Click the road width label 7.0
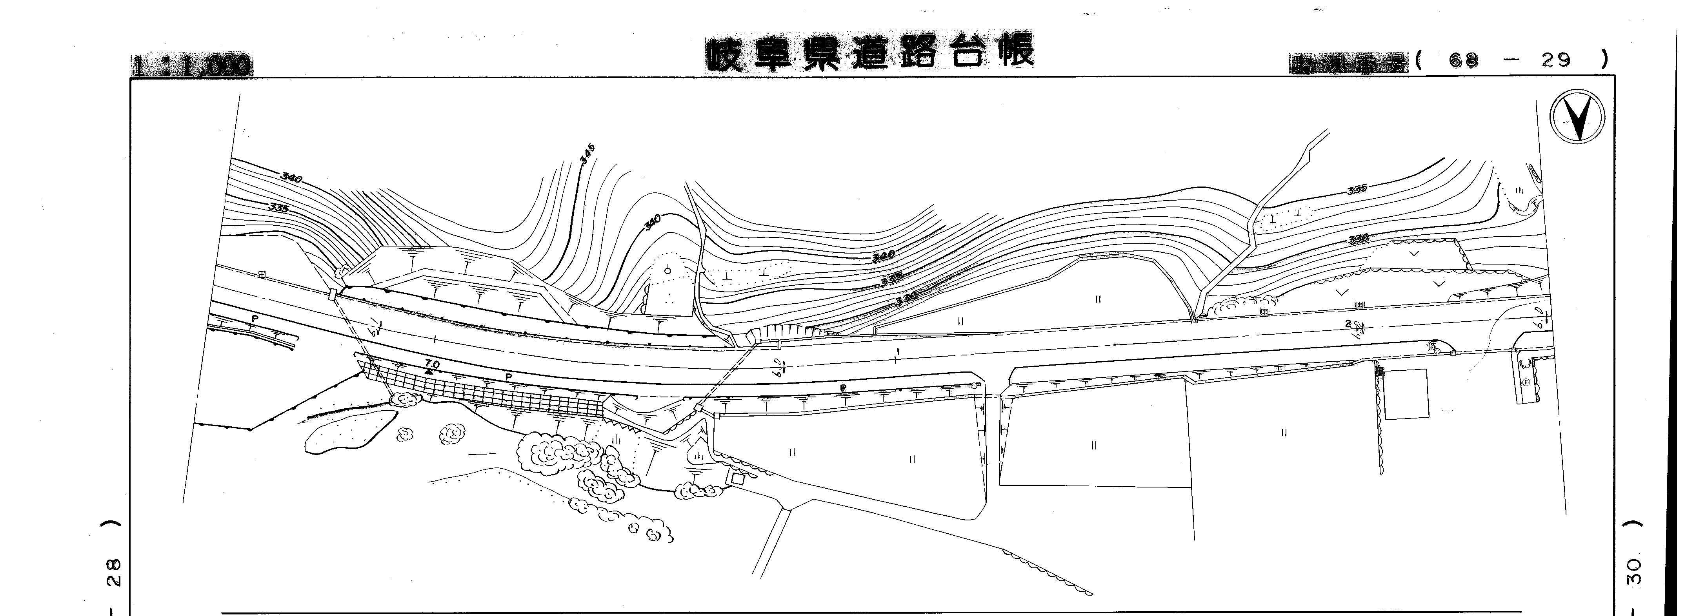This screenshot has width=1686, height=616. click(x=432, y=363)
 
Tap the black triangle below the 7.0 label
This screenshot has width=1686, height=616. click(x=429, y=371)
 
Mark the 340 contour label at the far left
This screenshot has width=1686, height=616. click(x=291, y=177)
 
